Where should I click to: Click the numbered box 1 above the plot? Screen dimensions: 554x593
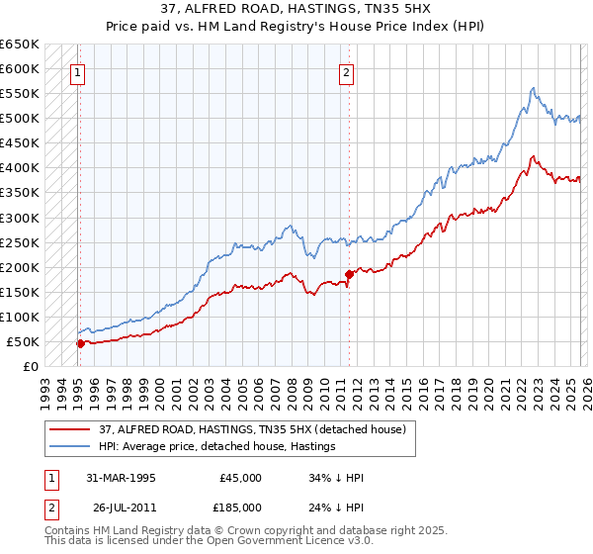[78, 71]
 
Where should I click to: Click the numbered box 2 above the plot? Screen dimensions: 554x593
[347, 71]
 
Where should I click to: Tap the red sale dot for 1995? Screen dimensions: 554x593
[80, 343]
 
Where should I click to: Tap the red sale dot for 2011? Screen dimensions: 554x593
[348, 274]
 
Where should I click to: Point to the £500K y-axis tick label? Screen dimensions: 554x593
[20, 119]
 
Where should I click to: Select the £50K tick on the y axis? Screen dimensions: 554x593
[24, 341]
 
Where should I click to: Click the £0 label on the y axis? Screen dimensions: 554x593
[32, 366]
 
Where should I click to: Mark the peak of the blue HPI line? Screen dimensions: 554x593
[532, 88]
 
